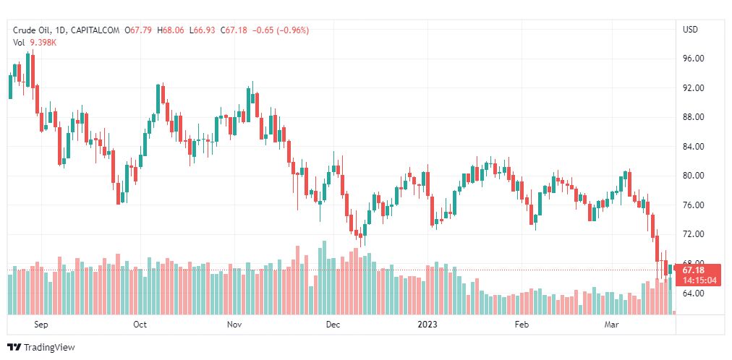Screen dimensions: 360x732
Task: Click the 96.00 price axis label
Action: (694, 59)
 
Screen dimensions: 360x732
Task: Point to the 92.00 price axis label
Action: (694, 88)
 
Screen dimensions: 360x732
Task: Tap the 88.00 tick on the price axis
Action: (694, 117)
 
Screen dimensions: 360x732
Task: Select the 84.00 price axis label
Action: (694, 147)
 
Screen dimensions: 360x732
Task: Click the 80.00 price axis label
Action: (694, 176)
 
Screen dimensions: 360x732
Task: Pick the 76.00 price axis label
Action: (694, 205)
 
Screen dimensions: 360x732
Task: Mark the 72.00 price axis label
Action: (694, 234)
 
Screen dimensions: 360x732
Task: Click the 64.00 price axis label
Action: (694, 293)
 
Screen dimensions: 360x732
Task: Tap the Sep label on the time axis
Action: (41, 325)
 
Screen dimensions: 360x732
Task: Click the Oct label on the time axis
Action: (140, 325)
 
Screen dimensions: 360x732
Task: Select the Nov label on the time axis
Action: (234, 325)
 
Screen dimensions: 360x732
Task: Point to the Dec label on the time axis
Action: (332, 325)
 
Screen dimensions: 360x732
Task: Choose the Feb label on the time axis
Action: (522, 325)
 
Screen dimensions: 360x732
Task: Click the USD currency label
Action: (690, 30)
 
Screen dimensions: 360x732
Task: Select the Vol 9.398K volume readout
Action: (35, 43)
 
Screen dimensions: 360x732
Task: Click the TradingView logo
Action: (41, 348)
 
